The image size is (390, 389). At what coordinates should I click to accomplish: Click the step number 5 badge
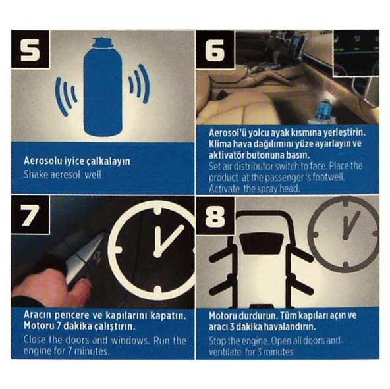pyautogui.click(x=30, y=49)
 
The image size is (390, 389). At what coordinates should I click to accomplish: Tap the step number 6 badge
pyautogui.click(x=215, y=49)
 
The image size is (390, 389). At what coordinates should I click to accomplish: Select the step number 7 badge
pyautogui.click(x=30, y=215)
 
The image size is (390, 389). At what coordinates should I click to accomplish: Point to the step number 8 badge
pyautogui.click(x=215, y=216)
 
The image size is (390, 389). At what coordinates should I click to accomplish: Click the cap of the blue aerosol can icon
pyautogui.click(x=103, y=42)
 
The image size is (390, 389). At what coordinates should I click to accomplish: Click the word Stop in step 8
pyautogui.click(x=217, y=341)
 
